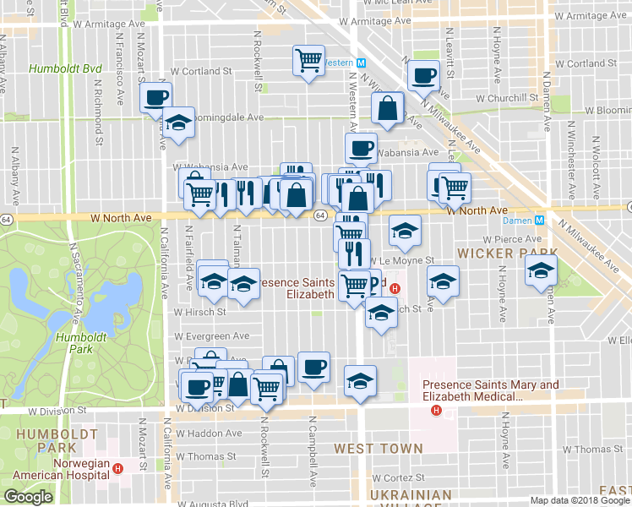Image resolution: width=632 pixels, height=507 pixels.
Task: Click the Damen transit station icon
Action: (x=543, y=220)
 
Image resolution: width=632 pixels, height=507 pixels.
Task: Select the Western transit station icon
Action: (x=360, y=63)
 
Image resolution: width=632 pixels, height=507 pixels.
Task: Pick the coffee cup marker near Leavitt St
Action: (x=422, y=76)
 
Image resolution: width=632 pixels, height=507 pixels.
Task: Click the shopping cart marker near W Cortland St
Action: (x=309, y=60)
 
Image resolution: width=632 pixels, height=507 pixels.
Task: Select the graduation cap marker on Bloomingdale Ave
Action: (x=178, y=123)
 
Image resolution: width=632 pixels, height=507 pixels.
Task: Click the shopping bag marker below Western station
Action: (x=387, y=109)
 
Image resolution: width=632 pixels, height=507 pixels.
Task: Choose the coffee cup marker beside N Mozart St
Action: (x=155, y=97)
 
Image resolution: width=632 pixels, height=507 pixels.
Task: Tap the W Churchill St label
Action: (x=507, y=97)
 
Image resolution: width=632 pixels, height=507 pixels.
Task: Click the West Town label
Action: (x=378, y=448)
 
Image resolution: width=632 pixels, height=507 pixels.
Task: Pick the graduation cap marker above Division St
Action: (x=361, y=381)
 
